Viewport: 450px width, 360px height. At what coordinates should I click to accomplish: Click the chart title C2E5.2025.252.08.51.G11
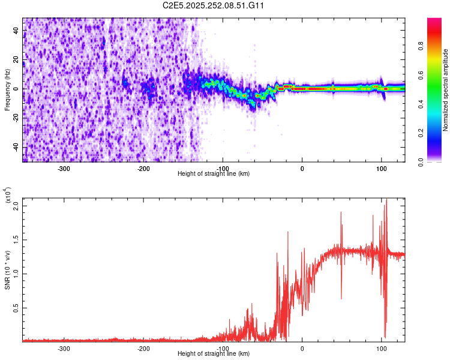(214, 5)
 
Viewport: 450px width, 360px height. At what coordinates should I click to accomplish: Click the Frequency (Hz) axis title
(7, 90)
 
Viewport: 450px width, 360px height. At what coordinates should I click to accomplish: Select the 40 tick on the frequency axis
(16, 31)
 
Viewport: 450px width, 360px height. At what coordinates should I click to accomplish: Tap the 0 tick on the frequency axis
(16, 89)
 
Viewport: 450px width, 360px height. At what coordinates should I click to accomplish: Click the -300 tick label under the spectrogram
(64, 169)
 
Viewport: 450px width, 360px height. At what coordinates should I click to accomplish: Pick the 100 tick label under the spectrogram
(381, 169)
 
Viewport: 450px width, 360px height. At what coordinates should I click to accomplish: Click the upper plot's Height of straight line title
(214, 174)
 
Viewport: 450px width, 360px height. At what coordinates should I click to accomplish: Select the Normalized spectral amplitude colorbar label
(446, 90)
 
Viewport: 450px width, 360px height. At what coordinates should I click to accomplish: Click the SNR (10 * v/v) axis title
(7, 269)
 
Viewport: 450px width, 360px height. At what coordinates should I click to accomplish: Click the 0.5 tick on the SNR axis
(16, 308)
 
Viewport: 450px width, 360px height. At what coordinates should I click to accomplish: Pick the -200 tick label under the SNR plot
(143, 349)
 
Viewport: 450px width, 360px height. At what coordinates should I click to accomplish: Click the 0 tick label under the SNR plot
(302, 349)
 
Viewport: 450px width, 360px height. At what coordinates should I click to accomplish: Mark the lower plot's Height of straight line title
(214, 354)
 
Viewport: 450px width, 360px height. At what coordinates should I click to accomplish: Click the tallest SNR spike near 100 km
(386, 200)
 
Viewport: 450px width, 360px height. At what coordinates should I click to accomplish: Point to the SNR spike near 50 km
(341, 212)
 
